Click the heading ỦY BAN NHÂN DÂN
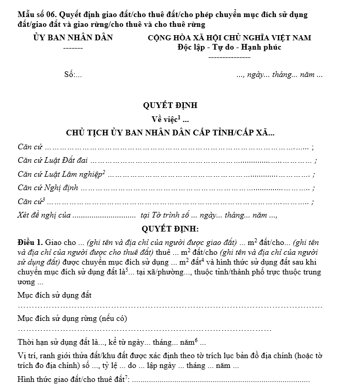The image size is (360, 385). click(x=73, y=38)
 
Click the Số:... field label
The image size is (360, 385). click(x=73, y=74)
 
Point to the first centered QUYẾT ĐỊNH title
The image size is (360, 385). click(x=170, y=105)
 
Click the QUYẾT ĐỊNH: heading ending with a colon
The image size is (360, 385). click(x=170, y=228)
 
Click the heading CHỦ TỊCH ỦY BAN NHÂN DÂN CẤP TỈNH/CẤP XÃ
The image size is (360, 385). click(x=170, y=133)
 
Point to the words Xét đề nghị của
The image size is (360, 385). click(x=43, y=215)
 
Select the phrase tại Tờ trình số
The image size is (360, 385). click(x=167, y=215)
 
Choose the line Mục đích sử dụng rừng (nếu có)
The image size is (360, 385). click(x=72, y=318)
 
